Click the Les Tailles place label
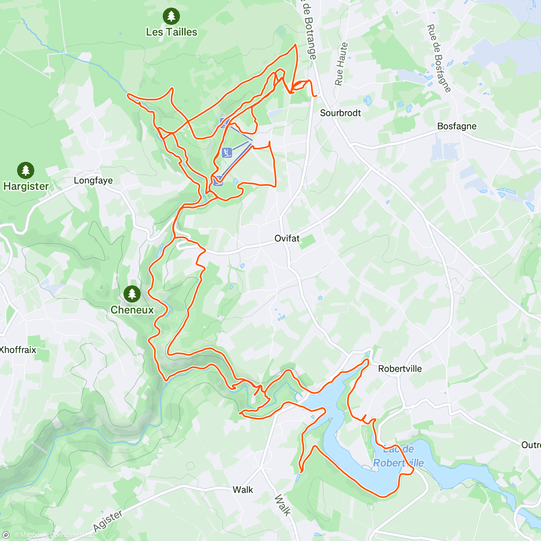171,32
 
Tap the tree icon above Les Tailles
171,16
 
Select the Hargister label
26,186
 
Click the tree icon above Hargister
26,170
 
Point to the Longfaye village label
93,180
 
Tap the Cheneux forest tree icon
132,294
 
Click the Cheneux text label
132,310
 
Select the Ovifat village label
287,238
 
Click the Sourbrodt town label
340,113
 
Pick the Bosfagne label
457,126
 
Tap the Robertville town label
400,369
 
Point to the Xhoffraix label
18,350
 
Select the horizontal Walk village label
243,490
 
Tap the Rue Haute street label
341,64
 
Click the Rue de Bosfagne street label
438,58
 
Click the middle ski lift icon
227,153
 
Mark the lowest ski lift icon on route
218,181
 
